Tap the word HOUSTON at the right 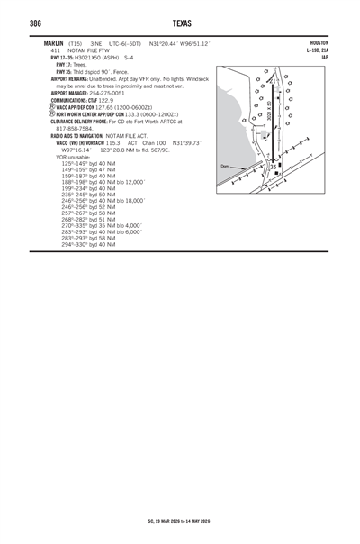click(x=319, y=42)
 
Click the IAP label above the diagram click(x=324, y=56)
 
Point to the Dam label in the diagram click(x=225, y=167)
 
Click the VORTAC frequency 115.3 click(x=112, y=142)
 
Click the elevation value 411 click(x=55, y=50)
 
